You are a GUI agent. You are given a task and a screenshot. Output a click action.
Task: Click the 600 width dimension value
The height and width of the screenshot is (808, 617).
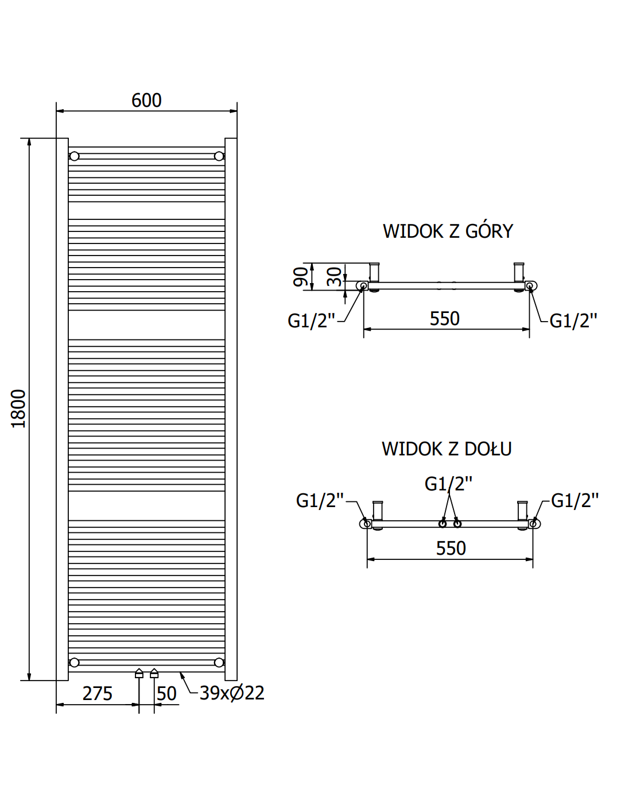146,100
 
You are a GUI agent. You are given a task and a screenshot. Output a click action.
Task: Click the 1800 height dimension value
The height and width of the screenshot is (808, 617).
18,408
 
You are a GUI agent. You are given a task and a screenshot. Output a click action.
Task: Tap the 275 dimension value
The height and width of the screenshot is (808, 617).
98,694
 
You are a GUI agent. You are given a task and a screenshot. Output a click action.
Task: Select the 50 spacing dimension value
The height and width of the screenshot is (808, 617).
166,694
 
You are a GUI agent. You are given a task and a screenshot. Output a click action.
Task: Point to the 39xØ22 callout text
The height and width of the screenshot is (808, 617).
232,693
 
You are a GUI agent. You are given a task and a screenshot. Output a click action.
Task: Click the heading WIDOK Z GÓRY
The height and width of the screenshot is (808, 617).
448,231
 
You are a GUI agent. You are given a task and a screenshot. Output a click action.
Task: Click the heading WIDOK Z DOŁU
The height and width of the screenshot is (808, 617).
447,449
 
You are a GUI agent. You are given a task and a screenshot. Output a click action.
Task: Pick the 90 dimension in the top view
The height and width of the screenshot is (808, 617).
300,277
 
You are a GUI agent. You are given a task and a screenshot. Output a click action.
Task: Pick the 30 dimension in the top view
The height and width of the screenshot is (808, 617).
334,277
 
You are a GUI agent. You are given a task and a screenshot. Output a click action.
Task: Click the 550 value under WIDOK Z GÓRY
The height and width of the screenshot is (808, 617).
445,319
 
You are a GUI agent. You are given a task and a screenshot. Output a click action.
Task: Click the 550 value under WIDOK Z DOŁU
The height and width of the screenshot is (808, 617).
451,548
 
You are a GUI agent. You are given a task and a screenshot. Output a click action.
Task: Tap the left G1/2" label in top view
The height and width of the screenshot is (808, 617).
311,320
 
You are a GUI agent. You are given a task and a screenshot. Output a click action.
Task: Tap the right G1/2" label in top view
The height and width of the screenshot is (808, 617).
573,320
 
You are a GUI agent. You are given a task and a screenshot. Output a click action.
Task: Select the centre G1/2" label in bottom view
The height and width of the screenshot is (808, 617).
448,484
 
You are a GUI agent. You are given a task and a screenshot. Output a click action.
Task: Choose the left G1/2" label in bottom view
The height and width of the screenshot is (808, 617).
320,501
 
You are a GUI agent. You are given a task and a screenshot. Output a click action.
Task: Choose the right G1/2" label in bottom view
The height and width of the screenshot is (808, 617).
575,501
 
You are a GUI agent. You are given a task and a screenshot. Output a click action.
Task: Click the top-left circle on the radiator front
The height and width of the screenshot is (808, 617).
74,156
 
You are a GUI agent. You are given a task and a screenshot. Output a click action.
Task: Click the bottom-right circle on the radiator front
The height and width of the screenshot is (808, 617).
219,663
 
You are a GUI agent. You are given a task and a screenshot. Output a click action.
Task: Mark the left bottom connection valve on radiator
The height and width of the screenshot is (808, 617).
139,674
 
